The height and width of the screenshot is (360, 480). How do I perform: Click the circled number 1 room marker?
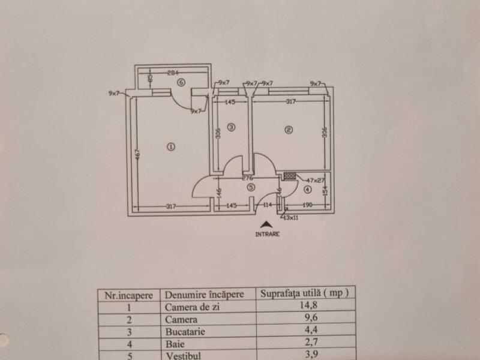pos(170,146)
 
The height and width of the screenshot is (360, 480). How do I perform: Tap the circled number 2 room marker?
pos(289,130)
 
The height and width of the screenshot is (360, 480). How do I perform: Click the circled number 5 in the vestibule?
pos(251,187)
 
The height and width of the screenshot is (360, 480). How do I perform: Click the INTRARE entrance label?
pos(267,235)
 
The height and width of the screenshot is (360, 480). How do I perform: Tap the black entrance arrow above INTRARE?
pos(266,224)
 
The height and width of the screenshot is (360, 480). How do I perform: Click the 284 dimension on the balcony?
pos(174,73)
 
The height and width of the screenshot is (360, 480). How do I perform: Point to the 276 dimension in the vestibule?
pos(247,178)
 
